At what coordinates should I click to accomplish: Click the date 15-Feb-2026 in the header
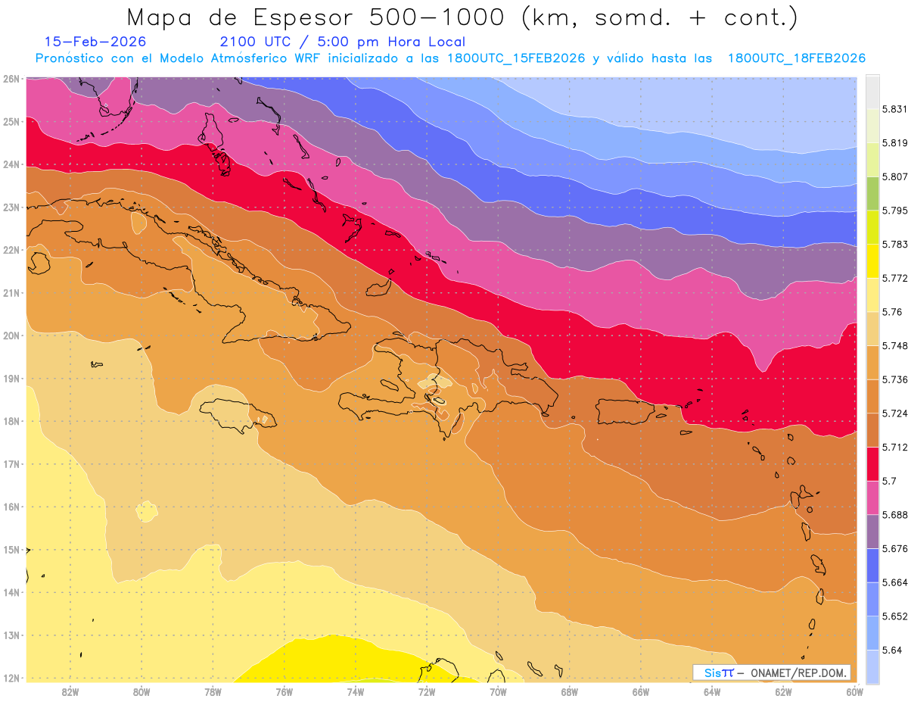(95, 42)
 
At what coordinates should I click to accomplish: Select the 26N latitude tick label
(11, 79)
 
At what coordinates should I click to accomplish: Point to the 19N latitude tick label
(11, 379)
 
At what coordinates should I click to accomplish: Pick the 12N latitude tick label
(11, 679)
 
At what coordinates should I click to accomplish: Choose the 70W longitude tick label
(498, 691)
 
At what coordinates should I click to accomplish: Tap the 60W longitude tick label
(854, 691)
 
